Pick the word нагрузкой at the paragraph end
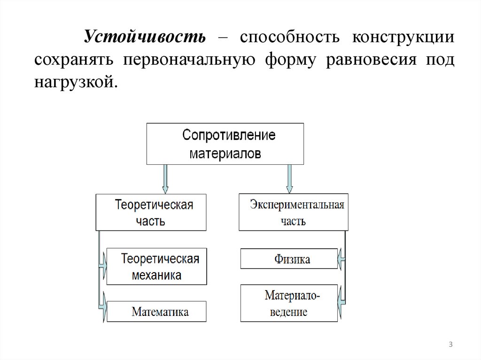(73, 83)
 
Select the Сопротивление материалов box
(225, 144)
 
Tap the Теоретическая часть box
(151, 212)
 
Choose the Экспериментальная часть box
(294, 212)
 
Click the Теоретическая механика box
(156, 266)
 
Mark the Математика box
(156, 312)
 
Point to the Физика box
(289, 259)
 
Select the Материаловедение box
(289, 303)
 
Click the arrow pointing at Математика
(102, 310)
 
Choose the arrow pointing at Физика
(341, 258)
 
